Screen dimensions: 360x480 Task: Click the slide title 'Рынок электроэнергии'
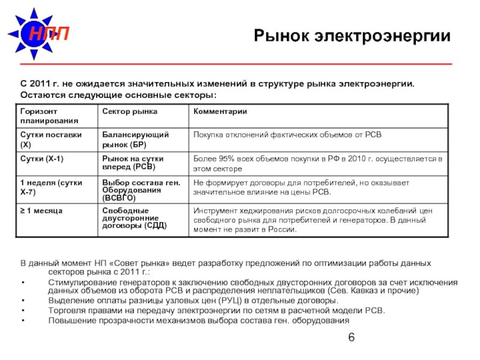(x=352, y=37)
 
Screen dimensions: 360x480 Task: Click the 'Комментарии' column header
(x=220, y=112)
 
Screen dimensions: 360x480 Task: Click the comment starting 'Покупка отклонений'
(x=287, y=135)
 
